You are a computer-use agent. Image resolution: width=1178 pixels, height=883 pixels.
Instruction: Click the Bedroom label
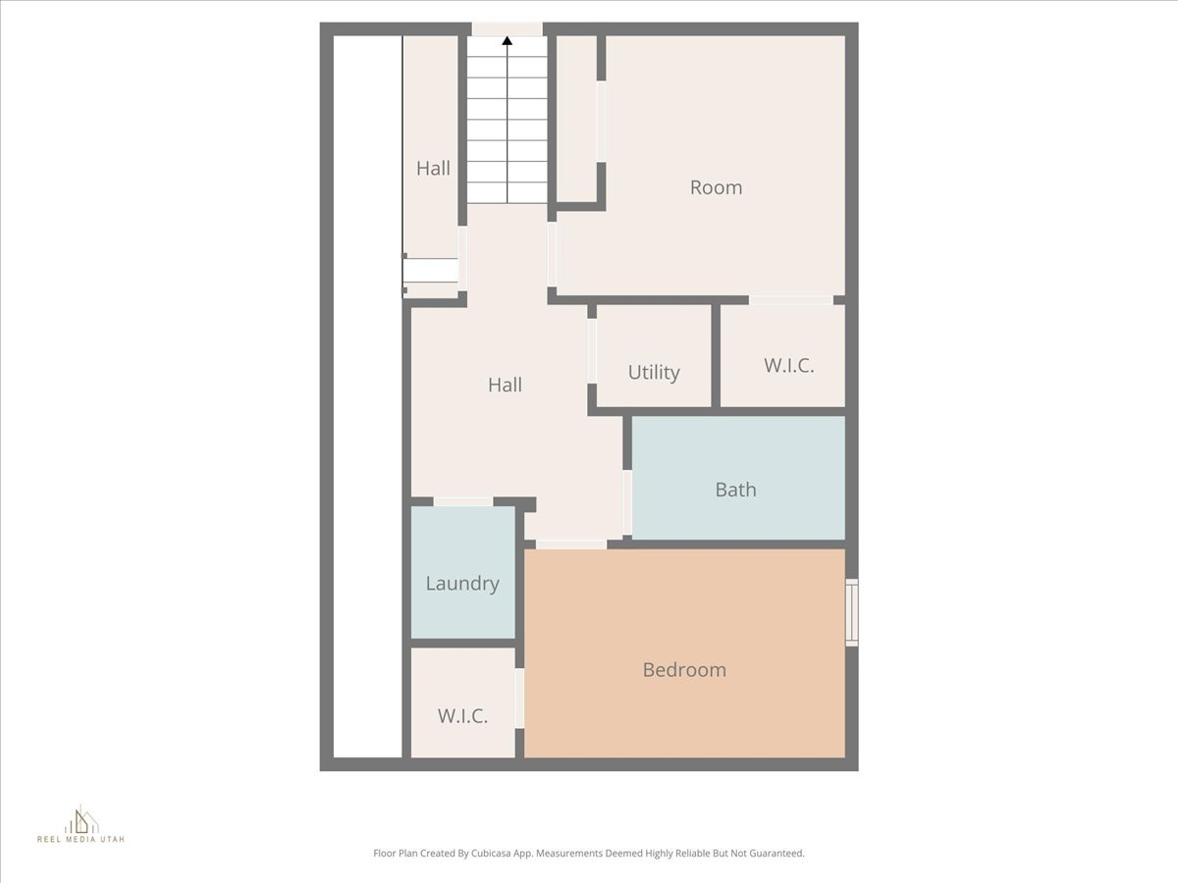(684, 670)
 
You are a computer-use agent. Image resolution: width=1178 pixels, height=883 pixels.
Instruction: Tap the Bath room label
(735, 490)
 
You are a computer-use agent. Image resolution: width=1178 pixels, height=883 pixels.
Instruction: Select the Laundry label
(462, 583)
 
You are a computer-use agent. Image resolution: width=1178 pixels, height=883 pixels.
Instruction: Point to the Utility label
(654, 373)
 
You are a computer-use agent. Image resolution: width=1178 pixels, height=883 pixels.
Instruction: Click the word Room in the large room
(716, 187)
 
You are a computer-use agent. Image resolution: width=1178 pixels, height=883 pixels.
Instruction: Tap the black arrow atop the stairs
(508, 40)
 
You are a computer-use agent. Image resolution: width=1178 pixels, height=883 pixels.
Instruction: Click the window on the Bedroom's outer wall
(852, 612)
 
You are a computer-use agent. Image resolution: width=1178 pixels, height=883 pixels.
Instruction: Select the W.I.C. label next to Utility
(789, 366)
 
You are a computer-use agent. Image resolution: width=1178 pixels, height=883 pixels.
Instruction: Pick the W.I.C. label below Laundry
(462, 715)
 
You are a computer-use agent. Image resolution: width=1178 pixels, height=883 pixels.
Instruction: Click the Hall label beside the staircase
(433, 168)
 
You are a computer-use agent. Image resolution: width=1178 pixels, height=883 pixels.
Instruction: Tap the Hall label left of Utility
(505, 386)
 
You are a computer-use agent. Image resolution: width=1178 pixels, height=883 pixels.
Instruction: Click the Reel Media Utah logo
(80, 824)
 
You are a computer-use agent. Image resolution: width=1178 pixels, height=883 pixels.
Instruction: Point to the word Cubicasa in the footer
(510, 854)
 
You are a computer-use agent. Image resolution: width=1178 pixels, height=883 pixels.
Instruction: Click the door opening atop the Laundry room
(463, 502)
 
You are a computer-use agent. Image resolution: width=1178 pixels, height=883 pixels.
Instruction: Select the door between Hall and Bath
(626, 502)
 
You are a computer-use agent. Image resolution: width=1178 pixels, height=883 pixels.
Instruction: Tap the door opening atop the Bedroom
(571, 544)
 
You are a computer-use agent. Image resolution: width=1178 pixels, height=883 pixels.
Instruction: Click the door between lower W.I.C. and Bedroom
(519, 698)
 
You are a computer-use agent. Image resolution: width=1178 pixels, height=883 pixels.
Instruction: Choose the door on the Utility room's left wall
(592, 350)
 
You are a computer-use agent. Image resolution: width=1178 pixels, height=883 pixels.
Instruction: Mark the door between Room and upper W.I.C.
(791, 299)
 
